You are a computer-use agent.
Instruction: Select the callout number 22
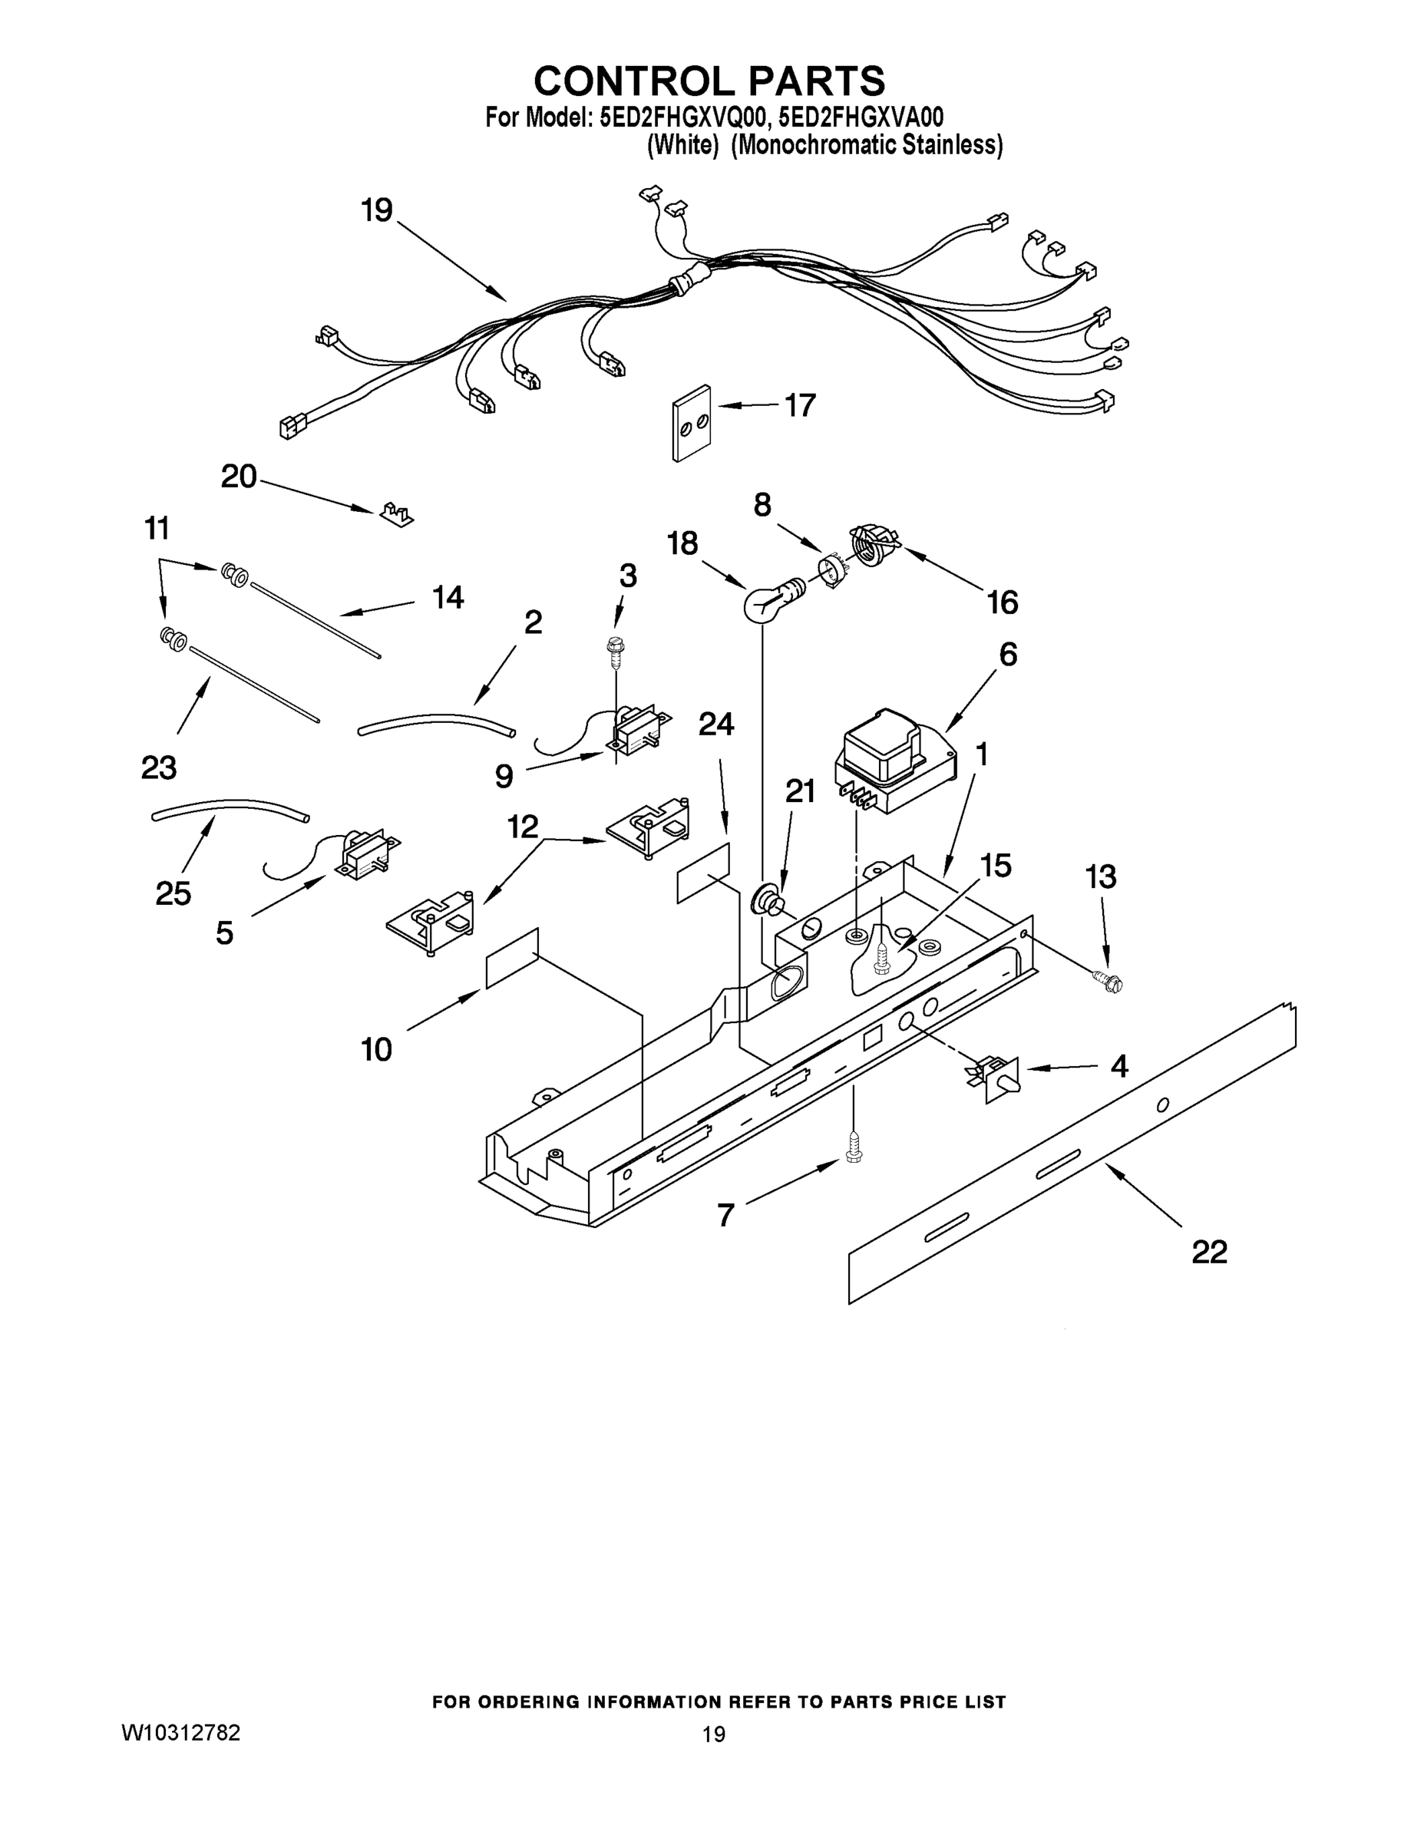coord(1209,1252)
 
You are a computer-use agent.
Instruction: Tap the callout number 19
coord(377,210)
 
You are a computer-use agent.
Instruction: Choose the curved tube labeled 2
coord(436,723)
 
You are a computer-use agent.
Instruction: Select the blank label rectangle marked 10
coord(512,957)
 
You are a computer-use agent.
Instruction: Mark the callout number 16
coord(1003,602)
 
